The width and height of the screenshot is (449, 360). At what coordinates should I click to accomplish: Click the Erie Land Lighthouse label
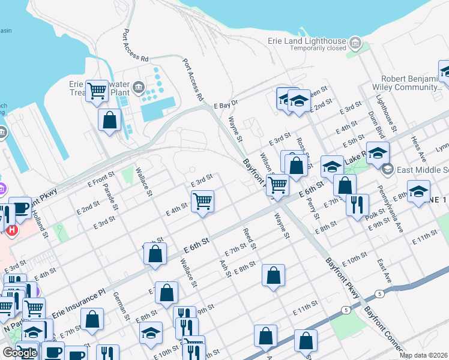tap(307, 41)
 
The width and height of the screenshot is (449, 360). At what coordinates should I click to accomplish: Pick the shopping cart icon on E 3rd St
tap(203, 200)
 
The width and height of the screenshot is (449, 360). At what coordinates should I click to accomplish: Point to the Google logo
tap(19, 353)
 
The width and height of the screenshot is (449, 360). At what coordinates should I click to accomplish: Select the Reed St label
tap(250, 238)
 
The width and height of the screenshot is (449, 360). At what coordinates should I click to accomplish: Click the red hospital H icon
tap(11, 229)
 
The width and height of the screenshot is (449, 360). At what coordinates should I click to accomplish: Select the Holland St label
tap(40, 226)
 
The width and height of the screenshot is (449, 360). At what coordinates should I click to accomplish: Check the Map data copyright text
tap(423, 355)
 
